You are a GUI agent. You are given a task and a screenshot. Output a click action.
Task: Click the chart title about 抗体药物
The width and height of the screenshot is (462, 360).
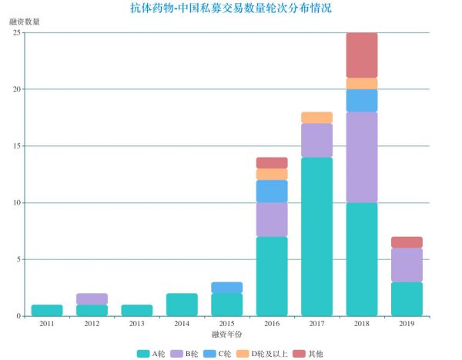point(231,8)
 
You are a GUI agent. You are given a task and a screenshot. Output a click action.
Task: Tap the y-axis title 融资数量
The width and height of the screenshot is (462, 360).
point(25,22)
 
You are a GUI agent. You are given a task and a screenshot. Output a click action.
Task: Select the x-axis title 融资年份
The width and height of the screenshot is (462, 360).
point(226,335)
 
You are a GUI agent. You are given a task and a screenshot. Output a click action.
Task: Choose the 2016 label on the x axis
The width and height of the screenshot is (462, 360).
point(272,324)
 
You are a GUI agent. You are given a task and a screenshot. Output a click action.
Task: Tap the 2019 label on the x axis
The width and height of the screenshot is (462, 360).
point(407,324)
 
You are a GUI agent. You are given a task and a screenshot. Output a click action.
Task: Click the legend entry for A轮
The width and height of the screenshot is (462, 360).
point(151,353)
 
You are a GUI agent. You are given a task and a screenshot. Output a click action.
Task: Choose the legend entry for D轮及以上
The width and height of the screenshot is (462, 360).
point(266,353)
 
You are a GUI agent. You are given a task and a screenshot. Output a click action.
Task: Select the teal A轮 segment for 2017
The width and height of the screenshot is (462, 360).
point(316,236)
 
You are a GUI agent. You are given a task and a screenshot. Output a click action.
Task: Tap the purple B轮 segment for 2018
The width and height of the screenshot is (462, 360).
point(362,158)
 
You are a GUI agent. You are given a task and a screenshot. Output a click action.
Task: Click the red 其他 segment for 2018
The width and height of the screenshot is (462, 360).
point(362,55)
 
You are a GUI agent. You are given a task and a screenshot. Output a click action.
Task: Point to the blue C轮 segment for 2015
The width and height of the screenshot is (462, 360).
point(226,288)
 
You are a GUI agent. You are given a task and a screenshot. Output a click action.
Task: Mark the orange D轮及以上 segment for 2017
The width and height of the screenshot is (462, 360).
point(316,118)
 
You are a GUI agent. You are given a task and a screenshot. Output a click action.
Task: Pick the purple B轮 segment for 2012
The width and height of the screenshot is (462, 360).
point(92,298)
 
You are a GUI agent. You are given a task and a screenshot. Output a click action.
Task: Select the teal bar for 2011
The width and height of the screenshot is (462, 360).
point(47,310)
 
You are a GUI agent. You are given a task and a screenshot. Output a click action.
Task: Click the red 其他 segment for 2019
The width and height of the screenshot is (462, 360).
point(407,242)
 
